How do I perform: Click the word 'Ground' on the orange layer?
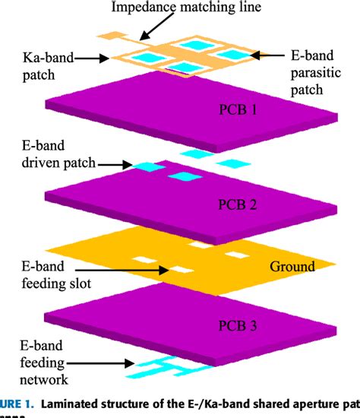(290, 266)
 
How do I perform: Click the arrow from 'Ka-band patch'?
(95, 56)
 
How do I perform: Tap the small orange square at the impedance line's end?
(113, 35)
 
